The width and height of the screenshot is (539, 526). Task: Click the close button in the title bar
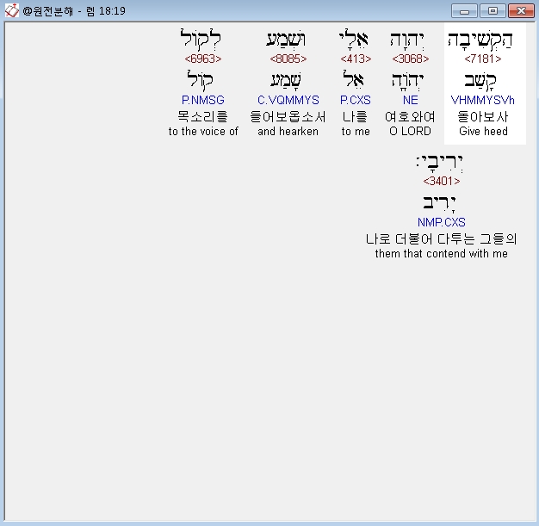tap(521, 10)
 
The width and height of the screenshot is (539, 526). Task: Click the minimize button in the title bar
tap(464, 10)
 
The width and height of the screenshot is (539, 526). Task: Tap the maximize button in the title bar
tap(493, 10)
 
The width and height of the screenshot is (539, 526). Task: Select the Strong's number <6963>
tap(203, 59)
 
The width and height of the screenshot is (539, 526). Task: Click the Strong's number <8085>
tap(288, 59)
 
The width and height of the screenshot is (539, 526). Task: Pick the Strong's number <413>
tap(356, 59)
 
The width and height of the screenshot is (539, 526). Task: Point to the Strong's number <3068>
tap(411, 59)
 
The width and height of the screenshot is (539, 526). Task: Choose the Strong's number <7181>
tap(483, 59)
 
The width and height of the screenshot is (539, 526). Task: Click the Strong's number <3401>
tap(442, 181)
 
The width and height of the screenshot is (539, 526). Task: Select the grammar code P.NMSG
tap(203, 100)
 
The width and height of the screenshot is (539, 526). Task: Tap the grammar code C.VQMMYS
tap(288, 100)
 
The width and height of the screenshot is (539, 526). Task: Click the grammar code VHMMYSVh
tap(483, 100)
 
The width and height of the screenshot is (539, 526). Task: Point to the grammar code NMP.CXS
tap(442, 222)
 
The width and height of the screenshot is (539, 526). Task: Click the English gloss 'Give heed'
tap(483, 131)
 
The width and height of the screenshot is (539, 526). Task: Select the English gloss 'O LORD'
tap(410, 131)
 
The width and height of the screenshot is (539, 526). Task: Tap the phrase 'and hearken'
tap(288, 131)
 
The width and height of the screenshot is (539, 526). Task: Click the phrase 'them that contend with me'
tap(442, 253)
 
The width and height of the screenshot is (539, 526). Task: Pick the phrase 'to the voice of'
tap(203, 131)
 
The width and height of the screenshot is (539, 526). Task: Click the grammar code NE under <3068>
tap(411, 100)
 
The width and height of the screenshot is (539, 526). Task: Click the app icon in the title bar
tap(12, 10)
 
